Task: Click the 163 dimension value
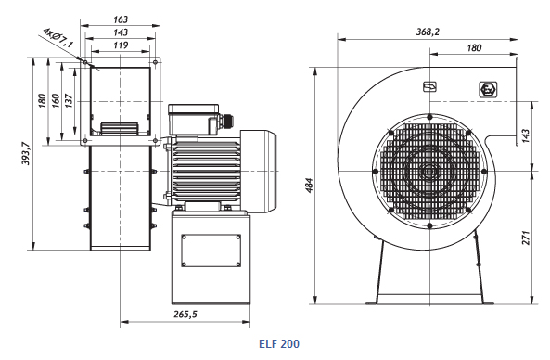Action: click(121, 19)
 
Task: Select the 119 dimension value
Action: click(121, 45)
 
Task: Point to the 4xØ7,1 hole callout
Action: click(58, 37)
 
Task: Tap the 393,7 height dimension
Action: click(26, 153)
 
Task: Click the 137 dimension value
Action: click(69, 101)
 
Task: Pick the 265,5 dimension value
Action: click(185, 314)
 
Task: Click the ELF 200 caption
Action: click(279, 343)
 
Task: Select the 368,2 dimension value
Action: click(428, 32)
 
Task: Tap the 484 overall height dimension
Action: click(310, 185)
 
